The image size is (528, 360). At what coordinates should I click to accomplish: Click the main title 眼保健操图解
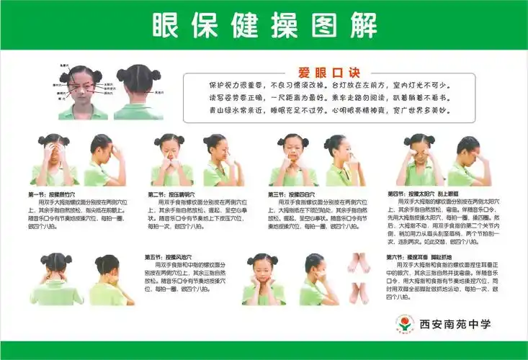click(264, 26)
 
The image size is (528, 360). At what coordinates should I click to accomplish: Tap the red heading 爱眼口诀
click(318, 72)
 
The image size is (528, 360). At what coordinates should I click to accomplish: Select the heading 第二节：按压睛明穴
click(171, 194)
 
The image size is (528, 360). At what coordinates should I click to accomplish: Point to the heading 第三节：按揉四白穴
click(292, 194)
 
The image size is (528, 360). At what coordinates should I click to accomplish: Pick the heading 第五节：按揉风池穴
click(168, 257)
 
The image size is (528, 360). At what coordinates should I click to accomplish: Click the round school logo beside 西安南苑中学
click(405, 324)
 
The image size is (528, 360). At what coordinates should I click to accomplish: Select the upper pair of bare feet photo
click(358, 262)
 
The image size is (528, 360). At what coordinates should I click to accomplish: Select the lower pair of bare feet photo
click(358, 291)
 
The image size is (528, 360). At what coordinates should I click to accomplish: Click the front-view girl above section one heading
click(53, 160)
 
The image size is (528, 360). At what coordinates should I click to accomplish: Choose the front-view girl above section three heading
click(293, 160)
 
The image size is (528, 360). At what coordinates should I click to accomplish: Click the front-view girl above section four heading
click(419, 160)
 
